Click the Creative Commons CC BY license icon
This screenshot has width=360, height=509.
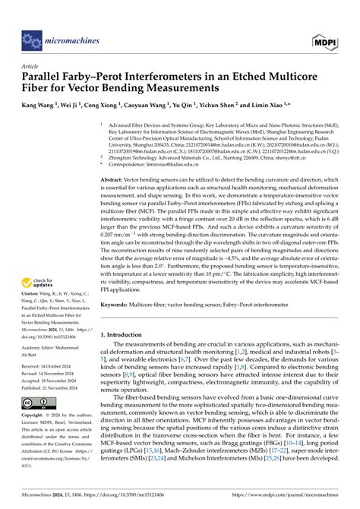pos(35,444)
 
